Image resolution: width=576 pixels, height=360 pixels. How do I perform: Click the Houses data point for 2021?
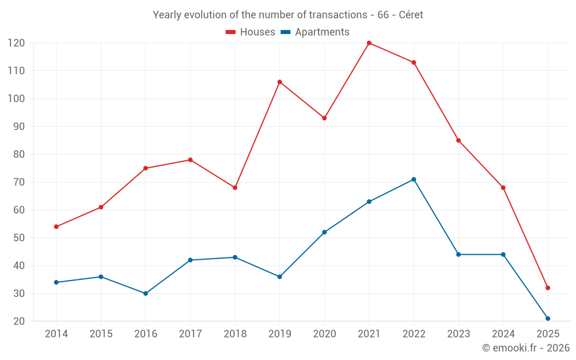click(x=369, y=43)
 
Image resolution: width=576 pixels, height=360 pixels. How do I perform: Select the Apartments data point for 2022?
click(x=414, y=179)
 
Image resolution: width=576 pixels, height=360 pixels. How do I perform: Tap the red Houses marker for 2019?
click(x=280, y=82)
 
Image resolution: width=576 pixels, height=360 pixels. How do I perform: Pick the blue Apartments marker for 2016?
click(x=146, y=293)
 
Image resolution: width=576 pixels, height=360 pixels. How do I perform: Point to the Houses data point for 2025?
click(x=548, y=288)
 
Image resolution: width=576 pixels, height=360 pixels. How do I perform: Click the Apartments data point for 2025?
click(x=548, y=319)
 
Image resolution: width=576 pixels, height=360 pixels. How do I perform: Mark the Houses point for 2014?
click(x=56, y=226)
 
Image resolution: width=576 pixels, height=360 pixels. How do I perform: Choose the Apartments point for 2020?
click(x=324, y=232)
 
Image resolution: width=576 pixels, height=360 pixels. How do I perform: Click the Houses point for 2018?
click(x=235, y=188)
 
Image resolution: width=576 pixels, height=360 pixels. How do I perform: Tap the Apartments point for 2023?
click(x=458, y=255)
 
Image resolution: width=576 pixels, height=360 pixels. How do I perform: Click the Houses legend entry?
click(x=251, y=32)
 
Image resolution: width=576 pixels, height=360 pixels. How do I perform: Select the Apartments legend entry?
click(x=315, y=32)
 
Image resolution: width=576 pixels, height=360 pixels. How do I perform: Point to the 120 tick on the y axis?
click(x=16, y=43)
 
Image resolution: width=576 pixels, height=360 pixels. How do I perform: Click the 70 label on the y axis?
click(x=18, y=182)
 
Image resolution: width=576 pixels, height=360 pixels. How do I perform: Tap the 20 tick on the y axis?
click(x=18, y=321)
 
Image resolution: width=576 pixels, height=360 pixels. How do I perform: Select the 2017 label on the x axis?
click(x=190, y=334)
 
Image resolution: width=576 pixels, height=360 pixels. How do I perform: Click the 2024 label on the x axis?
click(x=503, y=334)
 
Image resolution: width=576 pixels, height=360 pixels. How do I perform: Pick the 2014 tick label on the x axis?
click(x=56, y=334)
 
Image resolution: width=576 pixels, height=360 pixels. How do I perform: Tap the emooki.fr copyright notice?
click(x=526, y=348)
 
